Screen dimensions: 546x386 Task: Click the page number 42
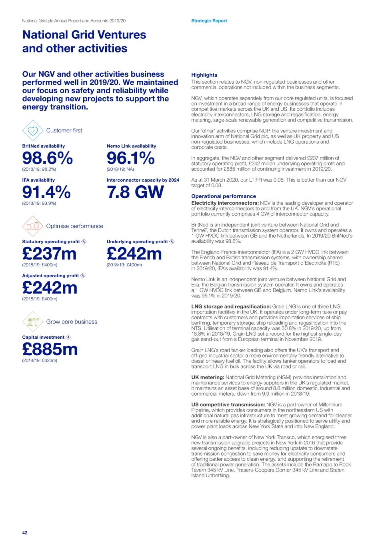click(x=25, y=533)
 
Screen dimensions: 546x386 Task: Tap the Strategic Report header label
click(x=209, y=21)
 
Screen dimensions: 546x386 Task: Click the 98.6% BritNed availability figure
click(x=47, y=158)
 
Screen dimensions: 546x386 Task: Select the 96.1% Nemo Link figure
click(x=130, y=158)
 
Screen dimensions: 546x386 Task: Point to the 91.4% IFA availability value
click(x=46, y=192)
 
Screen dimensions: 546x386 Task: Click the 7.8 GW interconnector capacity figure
click(x=135, y=192)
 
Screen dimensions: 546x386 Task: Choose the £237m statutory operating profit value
click(x=49, y=254)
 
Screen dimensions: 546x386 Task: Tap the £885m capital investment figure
click(x=50, y=350)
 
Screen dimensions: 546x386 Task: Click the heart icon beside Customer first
click(x=33, y=130)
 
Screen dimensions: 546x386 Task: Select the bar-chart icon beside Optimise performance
click(x=33, y=226)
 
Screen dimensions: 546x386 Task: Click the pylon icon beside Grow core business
click(x=33, y=322)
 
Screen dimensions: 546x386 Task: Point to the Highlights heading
click(x=204, y=75)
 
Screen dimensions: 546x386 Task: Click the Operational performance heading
click(x=223, y=196)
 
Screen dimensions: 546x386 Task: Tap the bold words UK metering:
click(x=207, y=377)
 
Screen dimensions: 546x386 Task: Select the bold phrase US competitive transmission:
click(x=228, y=404)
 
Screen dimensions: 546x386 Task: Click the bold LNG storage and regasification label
click(x=231, y=306)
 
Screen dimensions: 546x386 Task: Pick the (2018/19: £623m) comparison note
click(x=40, y=360)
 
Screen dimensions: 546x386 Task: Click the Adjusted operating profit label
click(x=50, y=276)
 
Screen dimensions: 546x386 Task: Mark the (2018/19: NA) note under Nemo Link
click(x=120, y=169)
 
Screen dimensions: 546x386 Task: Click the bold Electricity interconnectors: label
click(x=225, y=203)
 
